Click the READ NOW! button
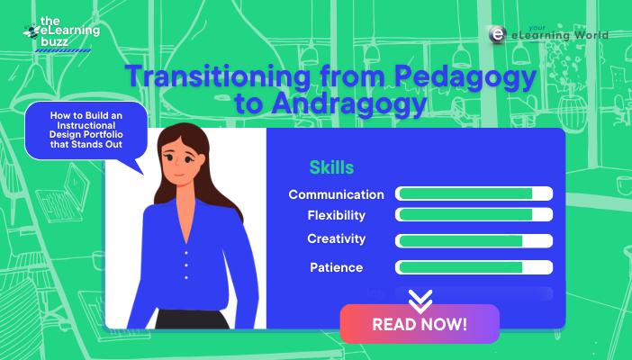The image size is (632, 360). [419, 324]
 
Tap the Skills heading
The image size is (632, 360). [331, 167]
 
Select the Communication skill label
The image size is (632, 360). [336, 194]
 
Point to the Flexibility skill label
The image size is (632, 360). [336, 215]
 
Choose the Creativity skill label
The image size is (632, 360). [336, 238]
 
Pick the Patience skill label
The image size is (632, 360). [335, 267]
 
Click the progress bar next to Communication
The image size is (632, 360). [474, 194]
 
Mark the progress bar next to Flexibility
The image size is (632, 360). [474, 215]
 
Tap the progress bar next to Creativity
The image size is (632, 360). [474, 240]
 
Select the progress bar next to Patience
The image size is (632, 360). [474, 267]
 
